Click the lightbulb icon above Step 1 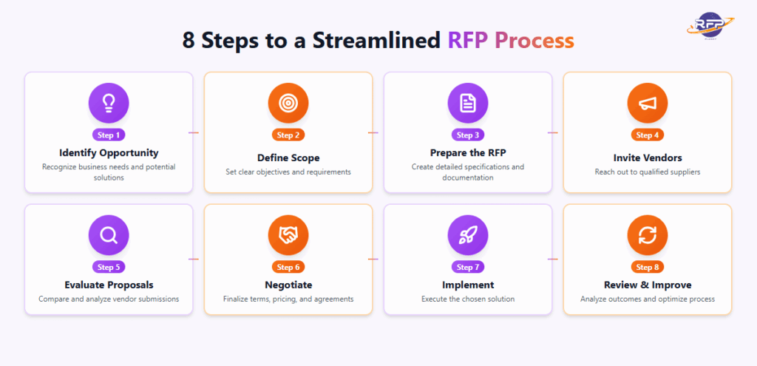[109, 104]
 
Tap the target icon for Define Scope [288, 104]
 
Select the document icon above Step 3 [468, 104]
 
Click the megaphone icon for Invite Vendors [648, 104]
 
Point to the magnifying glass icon [109, 236]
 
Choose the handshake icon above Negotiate [288, 236]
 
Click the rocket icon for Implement [468, 236]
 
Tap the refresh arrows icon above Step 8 [648, 236]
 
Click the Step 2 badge [288, 135]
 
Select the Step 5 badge [109, 267]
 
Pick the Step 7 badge [468, 267]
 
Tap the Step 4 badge [648, 135]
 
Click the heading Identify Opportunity [109, 153]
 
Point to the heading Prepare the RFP [468, 153]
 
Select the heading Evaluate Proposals [109, 285]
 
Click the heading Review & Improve [648, 285]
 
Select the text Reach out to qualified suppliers [648, 172]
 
